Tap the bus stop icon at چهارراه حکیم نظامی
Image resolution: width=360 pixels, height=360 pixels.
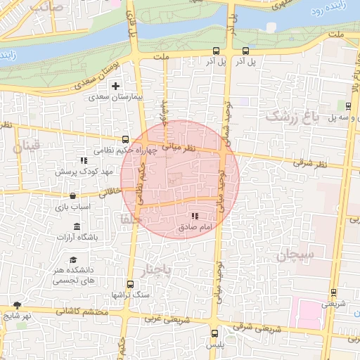pyautogui.click(x=125, y=139)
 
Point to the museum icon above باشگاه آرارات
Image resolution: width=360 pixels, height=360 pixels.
pyautogui.click(x=76, y=226)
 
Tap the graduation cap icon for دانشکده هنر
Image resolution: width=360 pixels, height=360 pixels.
pyautogui.click(x=73, y=259)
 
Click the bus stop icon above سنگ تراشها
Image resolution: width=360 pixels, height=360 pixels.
pyautogui.click(x=130, y=284)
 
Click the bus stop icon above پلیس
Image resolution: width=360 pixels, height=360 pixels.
pyautogui.click(x=214, y=335)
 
